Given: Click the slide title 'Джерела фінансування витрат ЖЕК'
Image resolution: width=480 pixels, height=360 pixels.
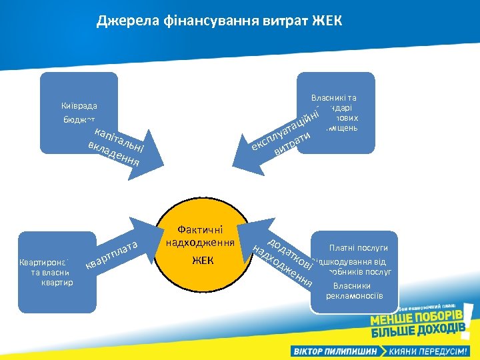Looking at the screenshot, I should pos(219,21).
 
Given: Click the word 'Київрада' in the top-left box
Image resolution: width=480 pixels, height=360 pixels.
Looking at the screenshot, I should pos(79,106).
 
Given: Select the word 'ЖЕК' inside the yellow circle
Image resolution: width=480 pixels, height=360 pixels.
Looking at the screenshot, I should pos(203,260).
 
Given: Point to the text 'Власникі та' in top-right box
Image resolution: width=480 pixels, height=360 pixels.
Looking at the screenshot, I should pos(333,97).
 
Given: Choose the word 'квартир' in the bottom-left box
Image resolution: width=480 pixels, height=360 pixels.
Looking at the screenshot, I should pos(57,282).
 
